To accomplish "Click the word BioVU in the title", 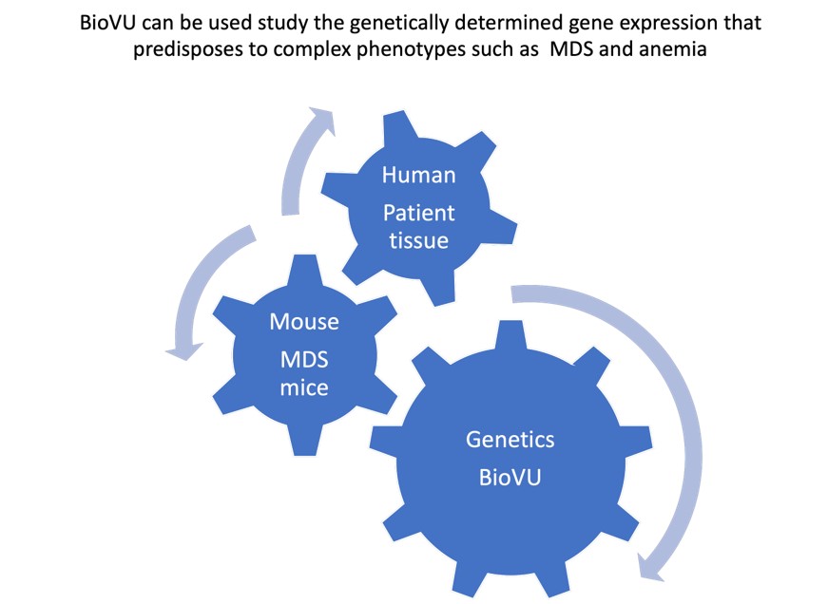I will (107, 22).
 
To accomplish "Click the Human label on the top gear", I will (418, 176).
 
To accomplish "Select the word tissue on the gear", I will (419, 240).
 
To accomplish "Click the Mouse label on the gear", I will (304, 322).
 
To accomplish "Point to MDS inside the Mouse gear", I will (304, 358).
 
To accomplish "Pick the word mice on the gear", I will (304, 388).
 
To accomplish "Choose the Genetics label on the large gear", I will (510, 441).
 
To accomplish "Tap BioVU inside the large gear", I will (510, 477).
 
